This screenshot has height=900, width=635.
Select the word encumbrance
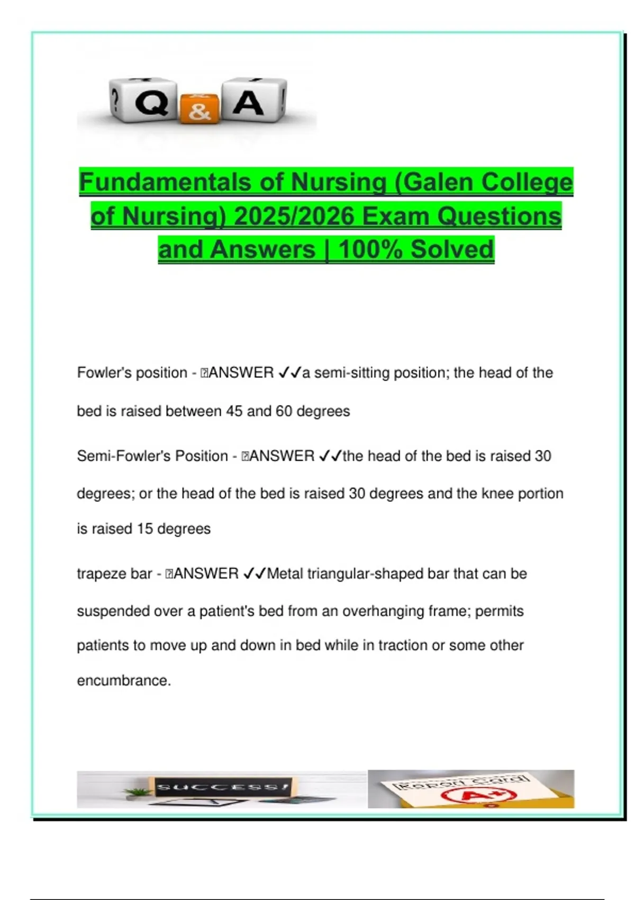[x=123, y=681]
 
